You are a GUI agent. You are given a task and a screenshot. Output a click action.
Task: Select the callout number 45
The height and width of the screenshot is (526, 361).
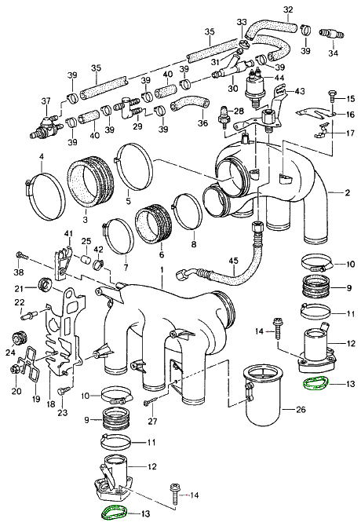(x=233, y=261)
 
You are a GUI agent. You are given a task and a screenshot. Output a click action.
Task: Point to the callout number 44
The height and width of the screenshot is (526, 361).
(x=279, y=79)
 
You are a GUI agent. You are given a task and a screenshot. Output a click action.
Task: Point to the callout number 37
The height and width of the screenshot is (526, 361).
(x=46, y=100)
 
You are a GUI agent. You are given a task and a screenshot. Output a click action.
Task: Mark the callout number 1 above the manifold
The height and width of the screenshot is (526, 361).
(x=162, y=269)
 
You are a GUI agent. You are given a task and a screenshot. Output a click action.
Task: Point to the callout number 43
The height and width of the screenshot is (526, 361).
(x=300, y=92)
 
